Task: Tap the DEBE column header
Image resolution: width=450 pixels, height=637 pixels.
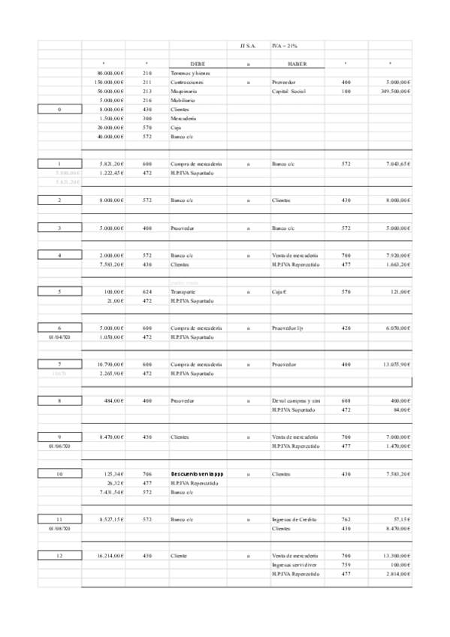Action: (198, 64)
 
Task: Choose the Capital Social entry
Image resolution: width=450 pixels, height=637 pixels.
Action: (291, 91)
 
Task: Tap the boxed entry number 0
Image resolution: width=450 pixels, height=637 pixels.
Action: (59, 109)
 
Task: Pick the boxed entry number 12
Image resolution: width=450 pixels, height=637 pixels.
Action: (59, 555)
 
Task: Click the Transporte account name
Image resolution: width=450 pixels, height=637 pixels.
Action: (183, 291)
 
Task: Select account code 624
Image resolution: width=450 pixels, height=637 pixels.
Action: (147, 291)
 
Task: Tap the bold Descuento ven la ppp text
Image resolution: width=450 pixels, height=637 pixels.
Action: (198, 474)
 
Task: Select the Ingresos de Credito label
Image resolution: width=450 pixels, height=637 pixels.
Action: (295, 519)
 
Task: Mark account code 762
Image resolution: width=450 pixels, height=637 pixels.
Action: (346, 519)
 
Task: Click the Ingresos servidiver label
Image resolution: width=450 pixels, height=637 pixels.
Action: (295, 564)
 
